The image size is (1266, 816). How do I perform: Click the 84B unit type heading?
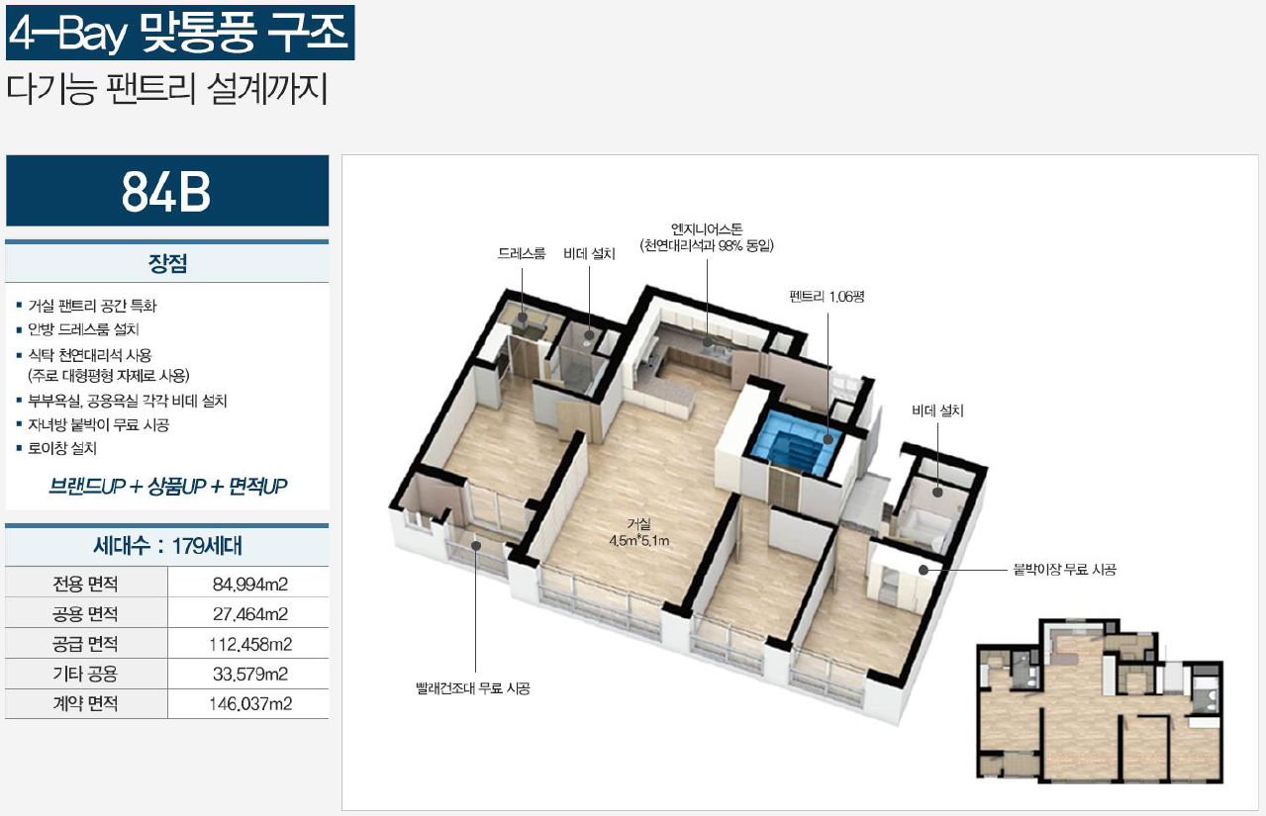tap(166, 192)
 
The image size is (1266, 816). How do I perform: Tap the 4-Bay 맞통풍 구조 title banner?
tap(180, 33)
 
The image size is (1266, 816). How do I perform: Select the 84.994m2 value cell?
tap(249, 584)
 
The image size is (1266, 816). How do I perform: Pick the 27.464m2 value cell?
tap(249, 614)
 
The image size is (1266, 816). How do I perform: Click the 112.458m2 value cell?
tap(249, 644)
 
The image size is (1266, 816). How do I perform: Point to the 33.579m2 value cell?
tap(249, 674)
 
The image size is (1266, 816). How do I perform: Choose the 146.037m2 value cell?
tap(249, 703)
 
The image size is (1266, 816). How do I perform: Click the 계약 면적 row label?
tap(85, 703)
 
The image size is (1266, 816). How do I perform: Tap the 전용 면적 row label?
tap(85, 584)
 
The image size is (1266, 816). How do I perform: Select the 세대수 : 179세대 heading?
tap(167, 546)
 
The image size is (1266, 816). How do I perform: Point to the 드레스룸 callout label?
tap(521, 253)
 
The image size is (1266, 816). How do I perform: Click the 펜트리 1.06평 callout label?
tap(827, 297)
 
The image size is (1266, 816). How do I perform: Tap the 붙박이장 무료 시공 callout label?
tap(1065, 570)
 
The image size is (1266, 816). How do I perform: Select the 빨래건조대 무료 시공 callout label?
tap(473, 688)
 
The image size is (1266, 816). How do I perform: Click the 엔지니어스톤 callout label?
tap(707, 229)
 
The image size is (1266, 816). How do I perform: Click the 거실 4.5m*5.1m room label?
tap(639, 532)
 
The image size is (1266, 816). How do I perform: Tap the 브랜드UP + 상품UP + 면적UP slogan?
tap(167, 487)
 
